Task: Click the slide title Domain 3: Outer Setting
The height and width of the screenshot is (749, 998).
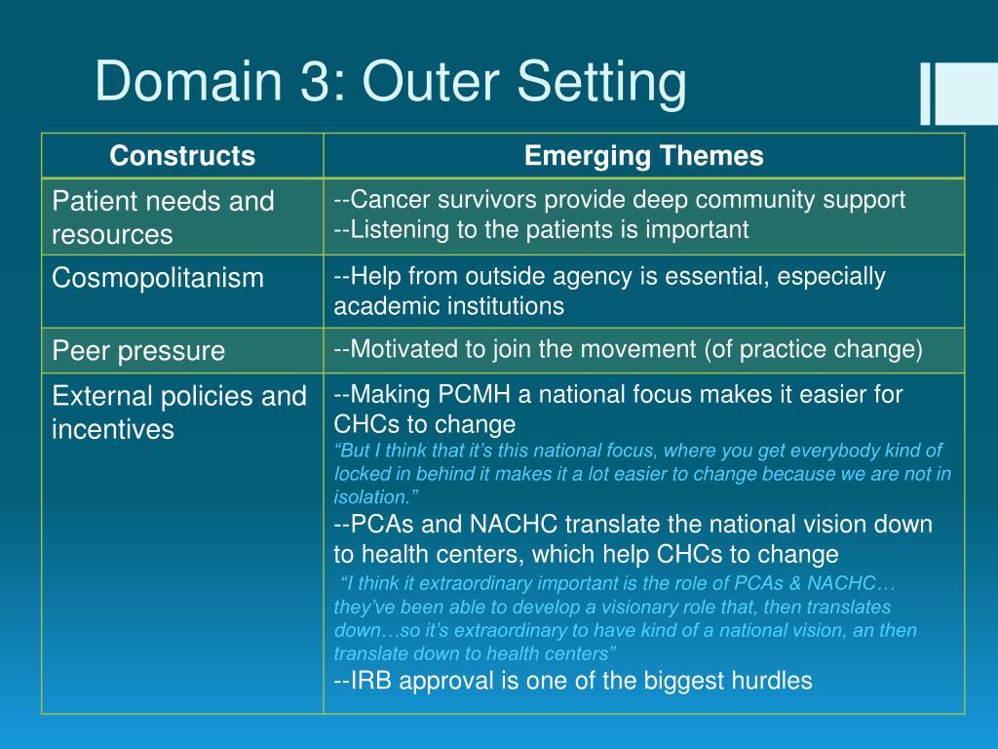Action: [x=390, y=82]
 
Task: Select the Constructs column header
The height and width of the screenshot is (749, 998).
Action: [x=182, y=156]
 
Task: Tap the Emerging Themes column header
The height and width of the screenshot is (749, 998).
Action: [x=643, y=156]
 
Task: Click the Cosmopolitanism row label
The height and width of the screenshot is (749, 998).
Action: [x=158, y=278]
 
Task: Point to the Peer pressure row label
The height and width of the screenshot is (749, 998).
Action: [x=138, y=350]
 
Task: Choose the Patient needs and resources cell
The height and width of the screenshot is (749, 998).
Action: [x=163, y=217]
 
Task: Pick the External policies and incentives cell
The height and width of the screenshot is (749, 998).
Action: [x=179, y=413]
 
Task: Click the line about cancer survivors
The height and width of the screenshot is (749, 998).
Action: [x=620, y=201]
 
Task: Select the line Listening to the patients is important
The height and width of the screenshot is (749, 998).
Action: [x=541, y=229]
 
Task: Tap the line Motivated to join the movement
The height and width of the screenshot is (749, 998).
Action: [x=628, y=349]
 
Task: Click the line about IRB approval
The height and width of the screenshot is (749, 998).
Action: [x=573, y=681]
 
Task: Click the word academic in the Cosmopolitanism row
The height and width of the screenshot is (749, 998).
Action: [x=379, y=306]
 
